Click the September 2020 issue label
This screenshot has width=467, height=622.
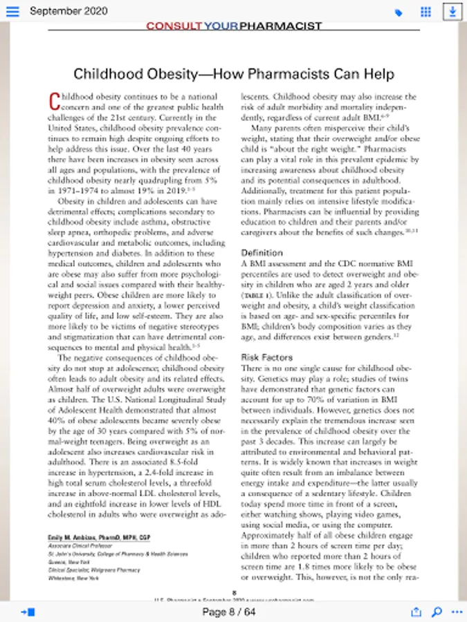click(68, 12)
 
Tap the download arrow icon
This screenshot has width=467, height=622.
click(452, 12)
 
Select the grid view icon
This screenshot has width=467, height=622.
click(426, 12)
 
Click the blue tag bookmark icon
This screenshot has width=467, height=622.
click(399, 12)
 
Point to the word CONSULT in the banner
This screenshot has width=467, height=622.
click(174, 26)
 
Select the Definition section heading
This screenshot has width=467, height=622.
click(262, 253)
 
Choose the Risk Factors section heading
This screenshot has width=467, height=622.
click(266, 357)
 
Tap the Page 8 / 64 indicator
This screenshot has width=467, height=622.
click(229, 612)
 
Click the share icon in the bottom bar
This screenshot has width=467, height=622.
click(416, 612)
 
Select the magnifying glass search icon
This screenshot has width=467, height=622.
click(437, 612)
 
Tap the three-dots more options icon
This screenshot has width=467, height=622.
click(456, 612)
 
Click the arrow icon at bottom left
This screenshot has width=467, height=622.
click(28, 612)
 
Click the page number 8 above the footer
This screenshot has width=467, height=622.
click(235, 592)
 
